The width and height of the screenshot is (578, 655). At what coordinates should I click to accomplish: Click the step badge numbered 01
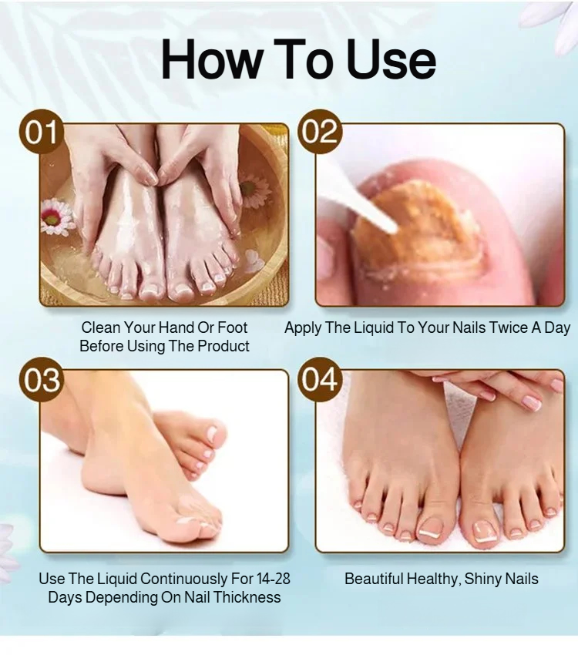[41, 132]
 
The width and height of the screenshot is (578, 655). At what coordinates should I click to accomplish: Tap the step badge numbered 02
[320, 132]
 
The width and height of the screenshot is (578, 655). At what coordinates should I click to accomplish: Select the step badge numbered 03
[41, 380]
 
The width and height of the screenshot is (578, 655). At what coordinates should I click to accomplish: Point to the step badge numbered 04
[320, 380]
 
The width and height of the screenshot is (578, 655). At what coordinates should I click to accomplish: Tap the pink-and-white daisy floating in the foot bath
[57, 216]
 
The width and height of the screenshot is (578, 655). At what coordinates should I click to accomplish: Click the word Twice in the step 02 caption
[509, 328]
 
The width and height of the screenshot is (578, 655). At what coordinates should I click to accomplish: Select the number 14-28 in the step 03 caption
[274, 579]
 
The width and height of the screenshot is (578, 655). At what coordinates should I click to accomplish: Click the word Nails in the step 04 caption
[522, 579]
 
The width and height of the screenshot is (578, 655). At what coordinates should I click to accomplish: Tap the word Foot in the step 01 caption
[233, 328]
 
